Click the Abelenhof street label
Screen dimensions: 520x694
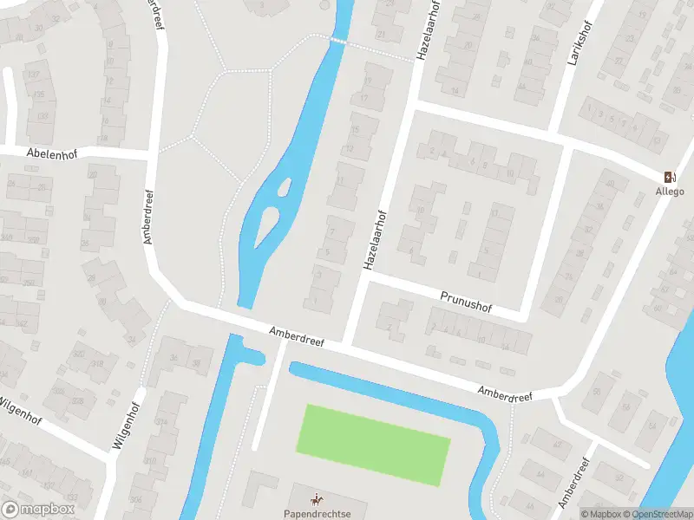click(x=46, y=153)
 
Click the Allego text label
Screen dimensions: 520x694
click(x=669, y=192)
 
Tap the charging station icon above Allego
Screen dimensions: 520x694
click(x=669, y=177)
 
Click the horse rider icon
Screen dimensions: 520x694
click(x=316, y=499)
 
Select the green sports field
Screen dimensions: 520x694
click(x=373, y=443)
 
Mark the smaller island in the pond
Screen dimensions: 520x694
click(x=284, y=185)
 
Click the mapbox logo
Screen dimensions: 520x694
click(x=38, y=510)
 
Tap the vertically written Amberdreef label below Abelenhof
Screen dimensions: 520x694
click(x=148, y=217)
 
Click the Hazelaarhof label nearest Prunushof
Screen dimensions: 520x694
click(x=374, y=238)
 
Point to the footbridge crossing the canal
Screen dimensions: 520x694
click(x=338, y=41)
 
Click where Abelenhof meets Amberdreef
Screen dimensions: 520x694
click(x=154, y=155)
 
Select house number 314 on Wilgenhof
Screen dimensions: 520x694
click(x=161, y=421)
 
